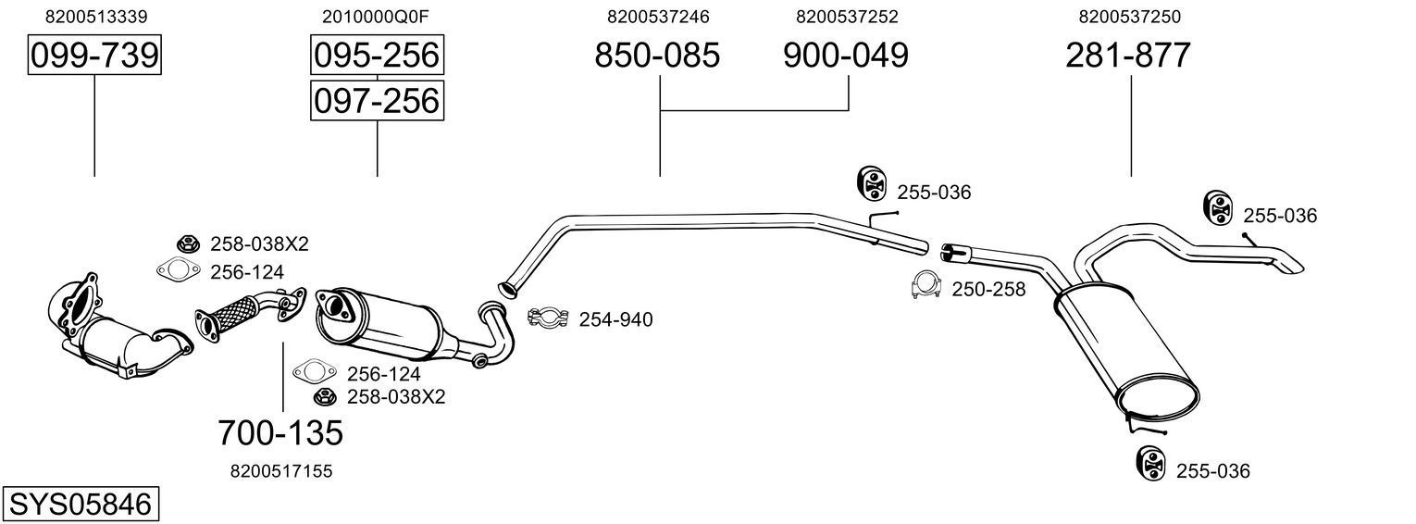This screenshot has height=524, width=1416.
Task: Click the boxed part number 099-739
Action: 94,56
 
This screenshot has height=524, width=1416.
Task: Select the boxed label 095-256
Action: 377,56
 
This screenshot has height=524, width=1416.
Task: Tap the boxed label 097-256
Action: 377,100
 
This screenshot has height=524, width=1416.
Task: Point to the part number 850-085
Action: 657,56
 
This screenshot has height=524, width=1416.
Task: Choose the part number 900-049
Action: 846,56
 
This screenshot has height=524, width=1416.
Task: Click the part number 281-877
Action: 1128,56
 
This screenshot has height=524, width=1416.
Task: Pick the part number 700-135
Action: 280,432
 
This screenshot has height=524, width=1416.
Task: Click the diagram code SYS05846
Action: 79,505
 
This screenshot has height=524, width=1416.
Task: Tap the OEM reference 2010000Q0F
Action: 376,17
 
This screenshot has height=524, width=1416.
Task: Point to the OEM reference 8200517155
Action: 280,471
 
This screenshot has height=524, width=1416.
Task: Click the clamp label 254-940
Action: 615,320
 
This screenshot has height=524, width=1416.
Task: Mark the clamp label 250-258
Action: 988,290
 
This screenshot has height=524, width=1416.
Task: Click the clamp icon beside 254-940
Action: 547,318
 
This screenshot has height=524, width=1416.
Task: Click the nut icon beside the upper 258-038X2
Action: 188,243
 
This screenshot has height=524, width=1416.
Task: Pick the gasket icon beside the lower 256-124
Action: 313,373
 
